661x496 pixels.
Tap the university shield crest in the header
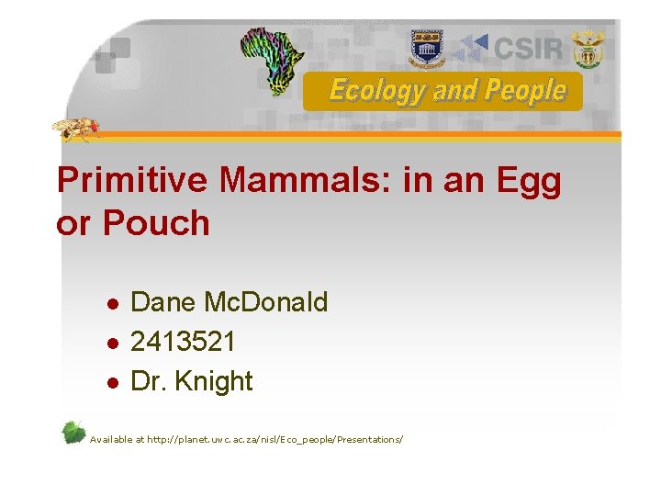426,46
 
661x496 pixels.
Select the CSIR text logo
527,47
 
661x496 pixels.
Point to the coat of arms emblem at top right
588,48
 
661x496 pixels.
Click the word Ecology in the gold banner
364,91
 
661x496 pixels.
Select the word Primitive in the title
132,181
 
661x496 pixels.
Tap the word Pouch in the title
156,223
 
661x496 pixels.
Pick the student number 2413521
183,342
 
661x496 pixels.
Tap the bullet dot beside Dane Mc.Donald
111,304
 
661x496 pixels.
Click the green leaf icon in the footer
73,433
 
